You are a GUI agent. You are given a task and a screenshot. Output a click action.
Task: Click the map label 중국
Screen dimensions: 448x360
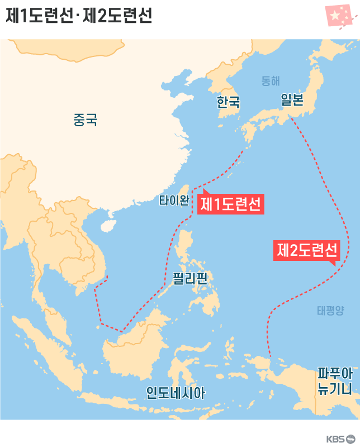click(85, 119)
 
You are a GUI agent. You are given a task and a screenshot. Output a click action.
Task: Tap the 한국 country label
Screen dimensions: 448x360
click(228, 102)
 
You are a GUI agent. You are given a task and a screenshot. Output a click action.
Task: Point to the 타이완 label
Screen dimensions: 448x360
click(174, 201)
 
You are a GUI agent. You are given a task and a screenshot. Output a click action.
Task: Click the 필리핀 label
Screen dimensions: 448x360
click(190, 278)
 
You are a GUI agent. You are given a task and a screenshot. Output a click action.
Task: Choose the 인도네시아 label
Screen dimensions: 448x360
click(176, 393)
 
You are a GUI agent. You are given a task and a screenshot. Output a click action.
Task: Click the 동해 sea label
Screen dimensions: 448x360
click(271, 81)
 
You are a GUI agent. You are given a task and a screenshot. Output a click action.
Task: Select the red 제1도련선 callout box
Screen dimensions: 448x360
click(230, 204)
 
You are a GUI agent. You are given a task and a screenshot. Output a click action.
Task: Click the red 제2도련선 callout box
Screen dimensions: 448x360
click(306, 250)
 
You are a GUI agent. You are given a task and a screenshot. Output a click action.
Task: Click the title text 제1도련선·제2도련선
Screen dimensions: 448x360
click(78, 16)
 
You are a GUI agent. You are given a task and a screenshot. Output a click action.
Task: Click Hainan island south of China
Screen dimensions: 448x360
click(107, 225)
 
